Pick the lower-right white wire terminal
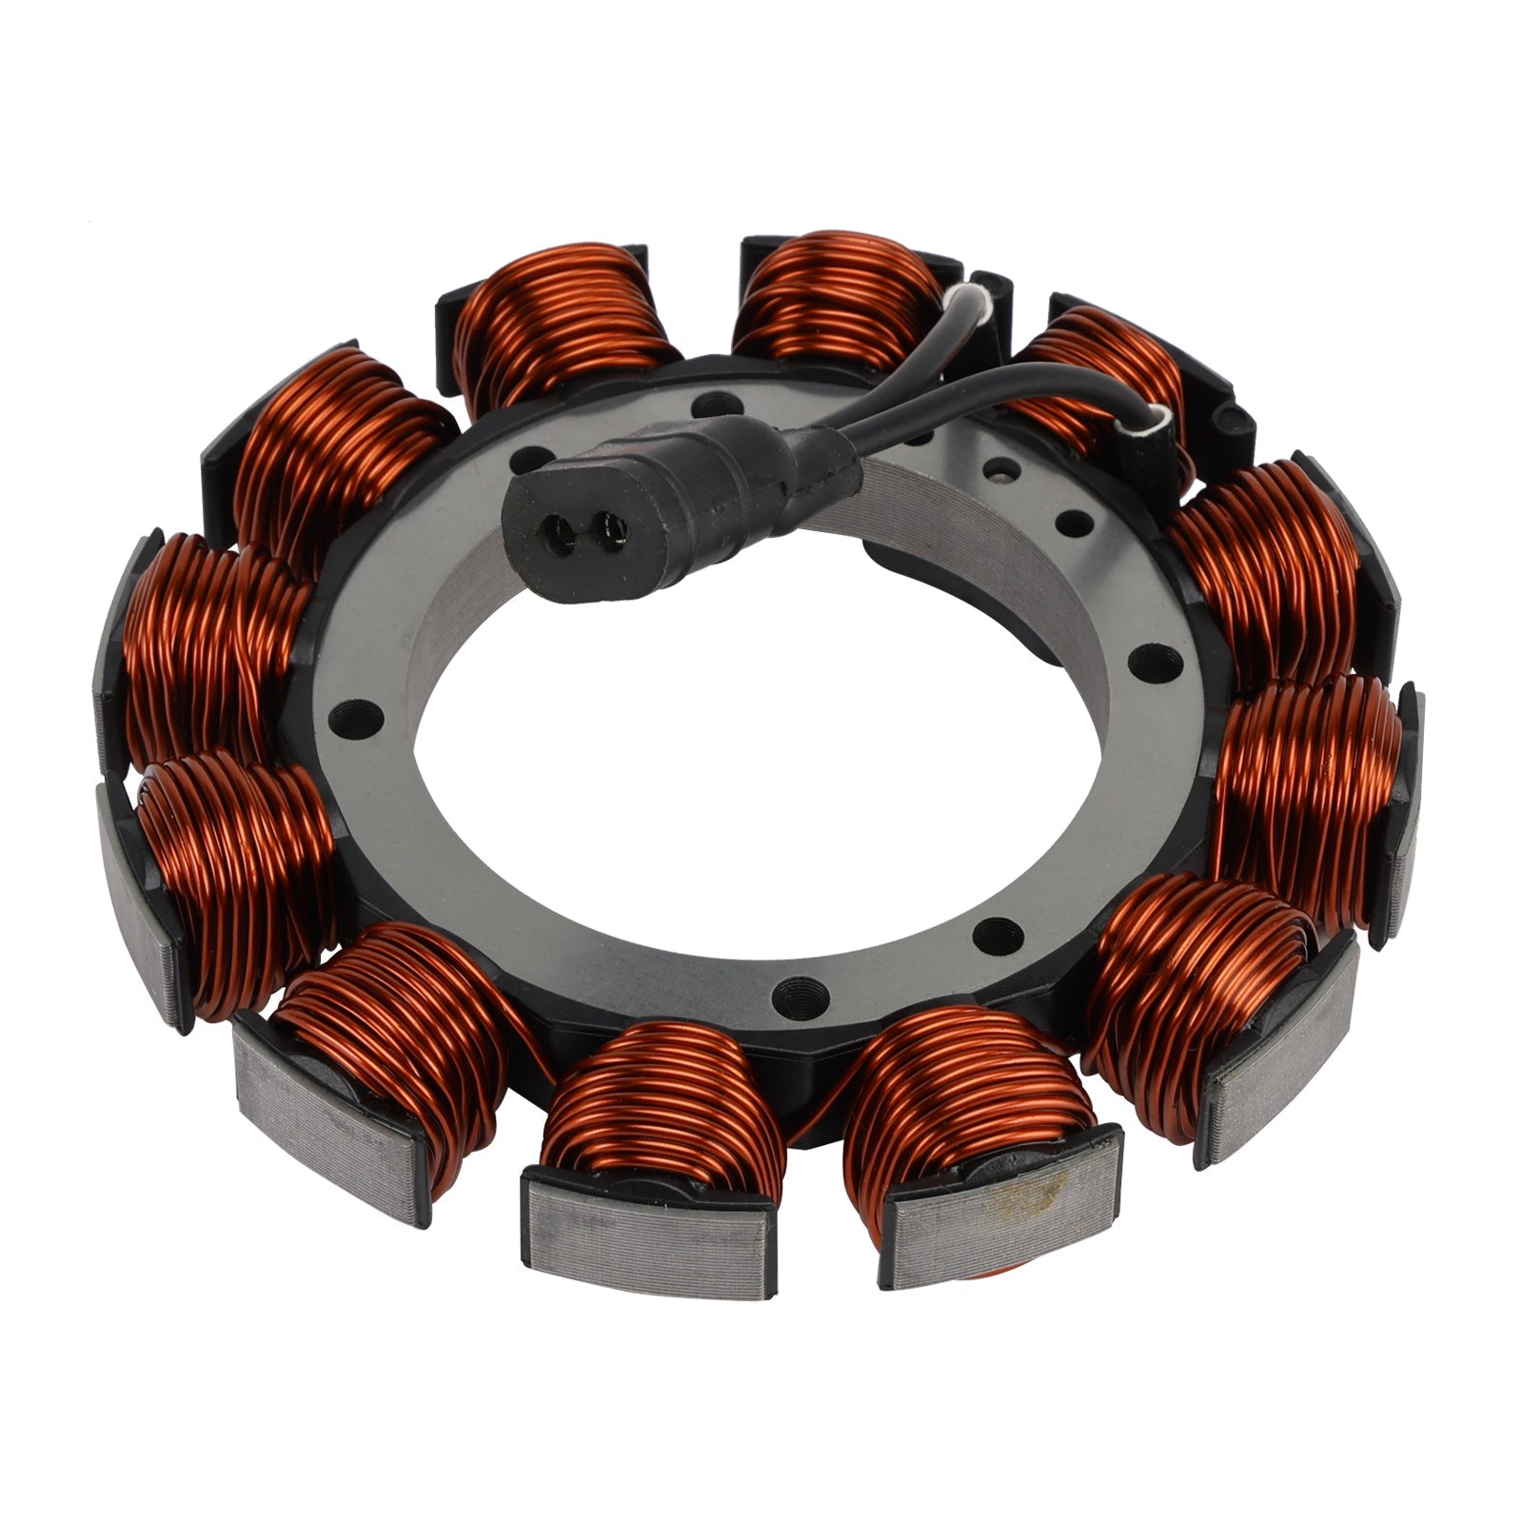[1159, 415]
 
